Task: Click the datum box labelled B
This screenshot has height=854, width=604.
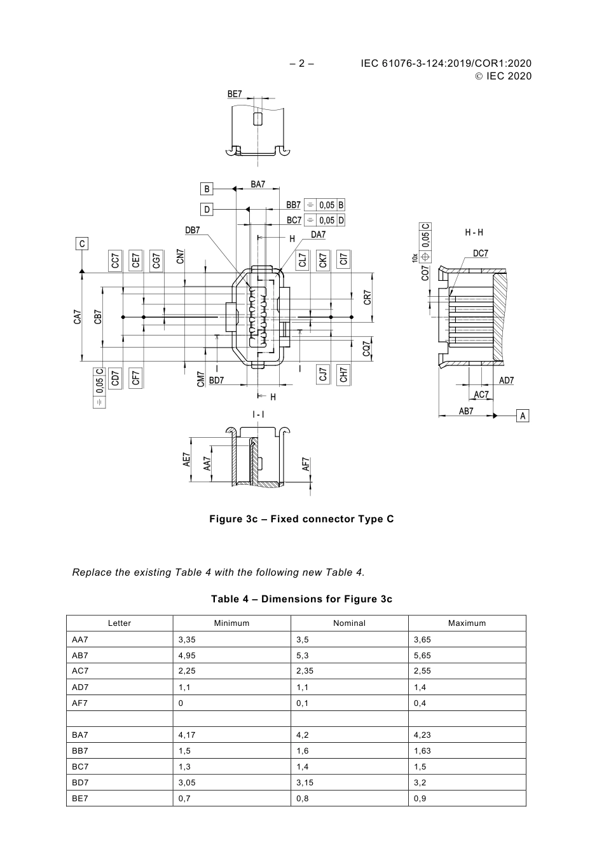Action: pos(207,189)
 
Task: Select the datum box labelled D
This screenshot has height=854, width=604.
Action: pos(207,209)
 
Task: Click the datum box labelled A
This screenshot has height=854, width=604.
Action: pos(523,416)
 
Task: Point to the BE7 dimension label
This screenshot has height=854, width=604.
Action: pos(235,94)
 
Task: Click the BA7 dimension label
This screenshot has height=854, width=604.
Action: pos(257,184)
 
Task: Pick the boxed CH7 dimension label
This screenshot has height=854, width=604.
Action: pos(343,375)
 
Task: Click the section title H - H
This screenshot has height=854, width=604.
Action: pos(474,233)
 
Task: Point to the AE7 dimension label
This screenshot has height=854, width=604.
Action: pos(187,459)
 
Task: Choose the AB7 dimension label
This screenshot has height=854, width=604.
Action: pos(466,411)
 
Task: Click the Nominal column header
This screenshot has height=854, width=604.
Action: pos(349,623)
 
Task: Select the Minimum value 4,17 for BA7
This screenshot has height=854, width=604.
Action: pos(187,735)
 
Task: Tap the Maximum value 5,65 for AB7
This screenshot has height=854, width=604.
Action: pos(422,655)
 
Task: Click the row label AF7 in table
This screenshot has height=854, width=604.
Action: pos(80,703)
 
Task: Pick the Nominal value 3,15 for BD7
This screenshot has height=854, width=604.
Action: pos(304,783)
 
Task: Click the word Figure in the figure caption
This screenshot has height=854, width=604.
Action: pos(226,519)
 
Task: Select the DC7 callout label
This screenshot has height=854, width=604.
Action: pos(481,254)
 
